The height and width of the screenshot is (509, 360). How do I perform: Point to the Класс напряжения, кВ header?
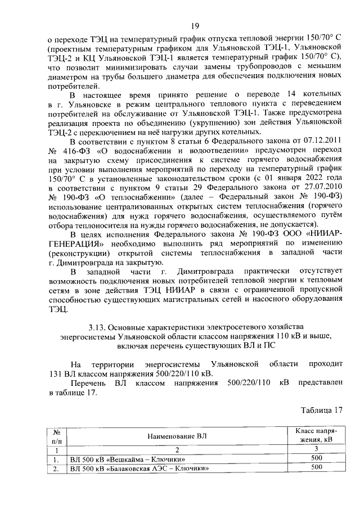316,435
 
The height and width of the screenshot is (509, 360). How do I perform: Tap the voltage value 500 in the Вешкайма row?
316,458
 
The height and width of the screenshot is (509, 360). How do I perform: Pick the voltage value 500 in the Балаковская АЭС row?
316,467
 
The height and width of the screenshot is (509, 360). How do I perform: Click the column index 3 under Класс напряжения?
316,449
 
